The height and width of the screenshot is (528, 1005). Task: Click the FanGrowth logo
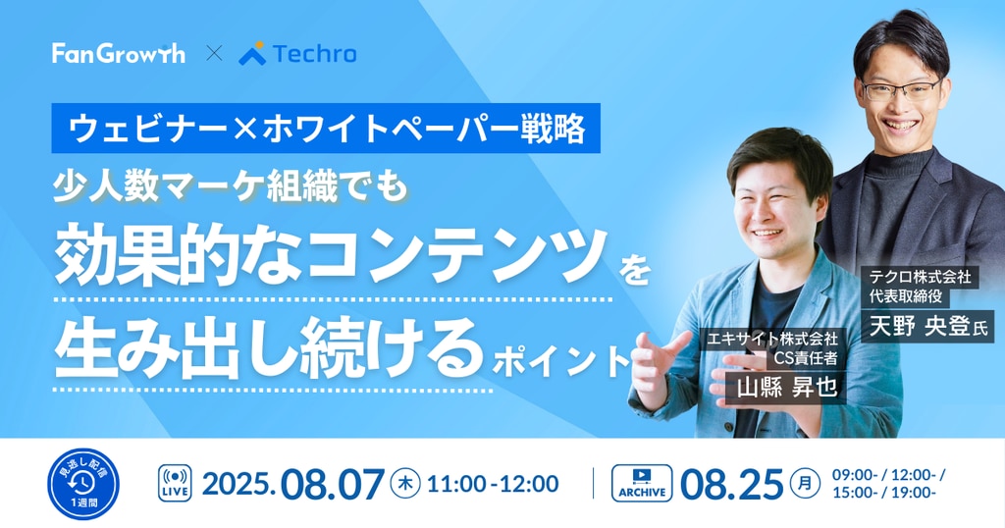pyautogui.click(x=119, y=53)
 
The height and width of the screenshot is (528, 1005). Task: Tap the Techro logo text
pyautogui.click(x=314, y=54)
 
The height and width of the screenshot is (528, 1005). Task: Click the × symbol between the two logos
pyautogui.click(x=214, y=54)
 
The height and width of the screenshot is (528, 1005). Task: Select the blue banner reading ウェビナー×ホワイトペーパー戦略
pyautogui.click(x=326, y=129)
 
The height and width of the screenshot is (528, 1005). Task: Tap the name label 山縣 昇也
pyautogui.click(x=787, y=387)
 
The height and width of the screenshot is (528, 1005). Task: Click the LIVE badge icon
pyautogui.click(x=175, y=483)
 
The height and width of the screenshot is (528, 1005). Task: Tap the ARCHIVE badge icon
pyautogui.click(x=642, y=483)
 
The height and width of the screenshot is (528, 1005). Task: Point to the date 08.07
pyautogui.click(x=333, y=485)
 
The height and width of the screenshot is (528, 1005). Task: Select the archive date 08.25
pyautogui.click(x=732, y=484)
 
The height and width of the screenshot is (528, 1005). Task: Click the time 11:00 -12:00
pyautogui.click(x=493, y=484)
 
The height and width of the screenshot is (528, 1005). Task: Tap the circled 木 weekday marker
pyautogui.click(x=405, y=484)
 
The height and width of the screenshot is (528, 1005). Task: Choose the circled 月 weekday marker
pyautogui.click(x=805, y=484)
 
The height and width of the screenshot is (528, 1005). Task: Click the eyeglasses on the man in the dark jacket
pyautogui.click(x=900, y=89)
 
